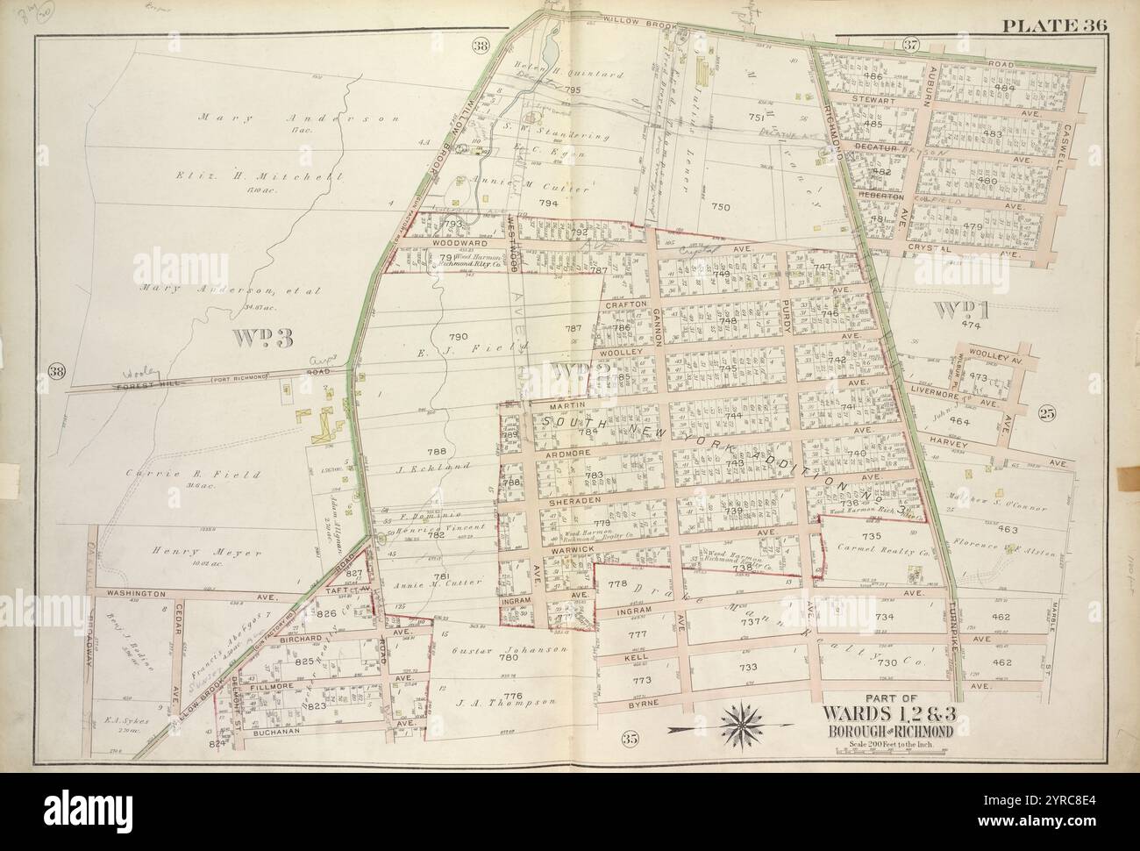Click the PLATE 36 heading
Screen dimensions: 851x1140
click(1056, 25)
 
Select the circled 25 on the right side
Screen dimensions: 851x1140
click(1044, 414)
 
